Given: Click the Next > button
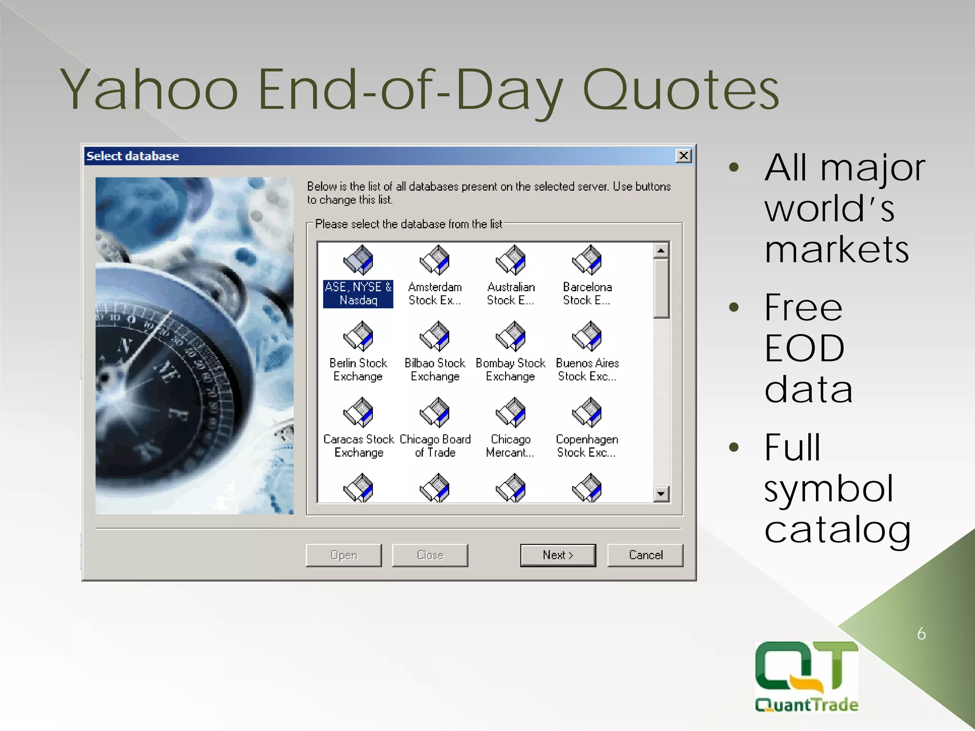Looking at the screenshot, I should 557,555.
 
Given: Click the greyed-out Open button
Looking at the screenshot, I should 343,555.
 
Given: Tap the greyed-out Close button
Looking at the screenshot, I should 430,555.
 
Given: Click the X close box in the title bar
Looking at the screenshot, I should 683,156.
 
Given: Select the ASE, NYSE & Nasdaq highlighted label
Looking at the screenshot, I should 358,294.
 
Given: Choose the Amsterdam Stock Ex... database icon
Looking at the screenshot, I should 434,260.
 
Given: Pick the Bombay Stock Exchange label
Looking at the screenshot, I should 510,370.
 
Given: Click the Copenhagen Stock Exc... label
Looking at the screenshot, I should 587,446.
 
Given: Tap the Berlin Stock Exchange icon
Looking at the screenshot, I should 358,336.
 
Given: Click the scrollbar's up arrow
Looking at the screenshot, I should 661,250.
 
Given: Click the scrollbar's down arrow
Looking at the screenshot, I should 661,494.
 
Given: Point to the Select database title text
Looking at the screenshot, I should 132,156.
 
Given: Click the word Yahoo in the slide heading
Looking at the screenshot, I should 149,90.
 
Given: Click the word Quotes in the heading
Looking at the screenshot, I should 681,90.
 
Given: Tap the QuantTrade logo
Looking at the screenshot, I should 806,676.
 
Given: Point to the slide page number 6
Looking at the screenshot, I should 921,634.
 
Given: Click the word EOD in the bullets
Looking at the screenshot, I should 805,348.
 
